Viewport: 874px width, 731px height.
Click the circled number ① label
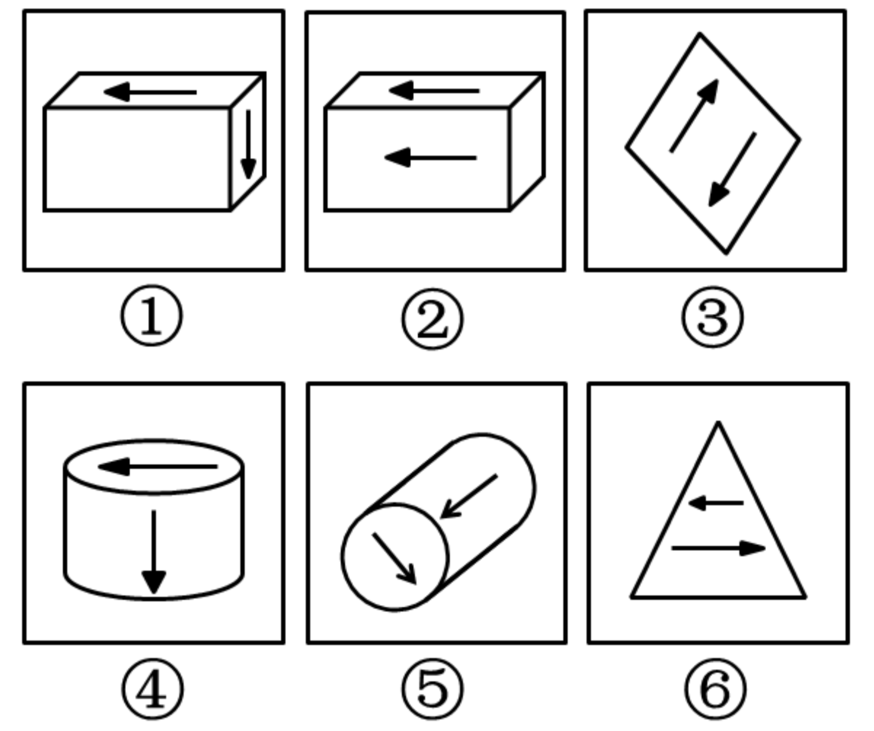pos(152,316)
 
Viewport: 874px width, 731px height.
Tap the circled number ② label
pos(433,319)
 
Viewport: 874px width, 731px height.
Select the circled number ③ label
pos(713,317)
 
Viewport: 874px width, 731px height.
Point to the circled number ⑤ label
pos(433,688)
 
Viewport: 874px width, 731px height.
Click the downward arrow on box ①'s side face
pos(249,145)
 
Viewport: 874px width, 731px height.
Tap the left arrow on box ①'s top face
pos(150,92)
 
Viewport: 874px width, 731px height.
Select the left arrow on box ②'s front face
pos(430,158)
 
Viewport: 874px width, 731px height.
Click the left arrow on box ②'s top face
pos(434,90)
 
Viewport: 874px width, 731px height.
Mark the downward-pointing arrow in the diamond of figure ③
pos(732,170)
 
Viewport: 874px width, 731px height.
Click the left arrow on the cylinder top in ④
pos(158,467)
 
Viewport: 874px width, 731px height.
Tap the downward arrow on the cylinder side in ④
pos(154,552)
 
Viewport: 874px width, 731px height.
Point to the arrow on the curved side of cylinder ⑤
pos(469,496)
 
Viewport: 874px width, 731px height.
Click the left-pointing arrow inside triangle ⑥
pos(716,503)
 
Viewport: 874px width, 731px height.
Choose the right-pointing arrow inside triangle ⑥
pos(719,548)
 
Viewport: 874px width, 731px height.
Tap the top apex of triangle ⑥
pos(718,422)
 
